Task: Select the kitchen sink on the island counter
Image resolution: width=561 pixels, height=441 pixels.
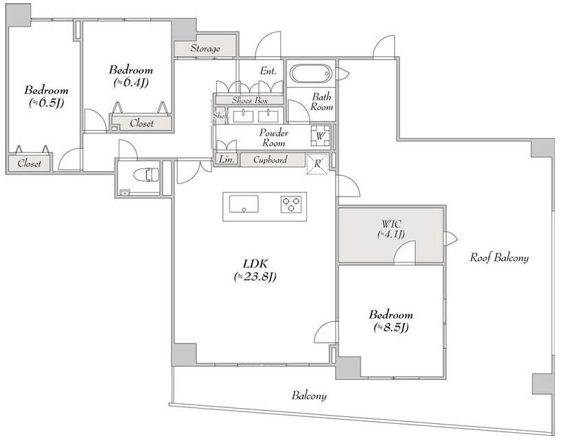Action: click(x=244, y=204)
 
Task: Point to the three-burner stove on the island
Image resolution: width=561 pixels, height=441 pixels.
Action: click(x=291, y=205)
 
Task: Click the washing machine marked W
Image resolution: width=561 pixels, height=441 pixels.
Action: click(x=320, y=135)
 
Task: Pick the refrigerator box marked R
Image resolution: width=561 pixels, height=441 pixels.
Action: click(x=317, y=163)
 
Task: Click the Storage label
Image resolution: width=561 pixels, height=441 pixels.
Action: click(x=205, y=48)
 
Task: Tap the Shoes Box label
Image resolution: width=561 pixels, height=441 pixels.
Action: click(x=250, y=100)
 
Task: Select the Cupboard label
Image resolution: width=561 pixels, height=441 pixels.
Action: click(x=270, y=159)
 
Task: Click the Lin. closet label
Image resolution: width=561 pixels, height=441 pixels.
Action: click(x=226, y=159)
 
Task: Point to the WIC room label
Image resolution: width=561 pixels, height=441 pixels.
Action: click(x=391, y=224)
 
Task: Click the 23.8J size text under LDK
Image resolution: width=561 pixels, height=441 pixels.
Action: click(x=255, y=276)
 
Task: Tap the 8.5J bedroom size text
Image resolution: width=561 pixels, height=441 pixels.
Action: click(x=391, y=327)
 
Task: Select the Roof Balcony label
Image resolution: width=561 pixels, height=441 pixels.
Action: click(x=499, y=258)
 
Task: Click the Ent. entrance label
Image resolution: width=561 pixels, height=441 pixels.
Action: click(x=268, y=71)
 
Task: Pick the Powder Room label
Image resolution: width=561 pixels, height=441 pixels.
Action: click(x=274, y=138)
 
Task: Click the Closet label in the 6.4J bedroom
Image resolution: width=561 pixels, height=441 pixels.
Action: click(x=141, y=123)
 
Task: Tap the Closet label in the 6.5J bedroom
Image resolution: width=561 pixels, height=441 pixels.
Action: click(x=30, y=163)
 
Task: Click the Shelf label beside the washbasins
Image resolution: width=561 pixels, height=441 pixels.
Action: click(x=220, y=115)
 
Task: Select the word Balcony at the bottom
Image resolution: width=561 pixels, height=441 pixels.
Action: click(x=309, y=396)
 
